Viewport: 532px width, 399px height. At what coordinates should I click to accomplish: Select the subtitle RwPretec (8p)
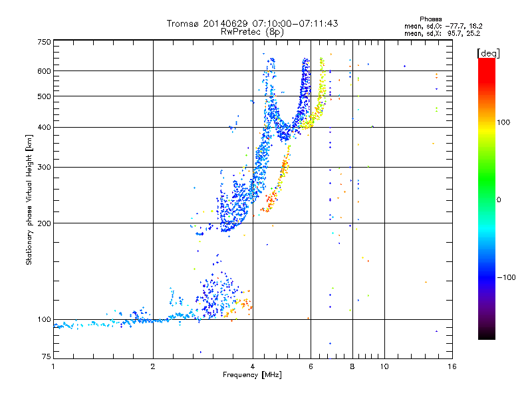point(252,32)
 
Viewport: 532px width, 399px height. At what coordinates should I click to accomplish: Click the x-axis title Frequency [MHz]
point(252,375)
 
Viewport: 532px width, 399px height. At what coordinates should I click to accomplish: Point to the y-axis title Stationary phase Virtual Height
point(29,200)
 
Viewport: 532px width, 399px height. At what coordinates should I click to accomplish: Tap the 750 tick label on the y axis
point(45,42)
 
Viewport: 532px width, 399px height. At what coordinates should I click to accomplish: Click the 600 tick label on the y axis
point(45,71)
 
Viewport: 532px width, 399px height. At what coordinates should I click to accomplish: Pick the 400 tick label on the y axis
point(45,127)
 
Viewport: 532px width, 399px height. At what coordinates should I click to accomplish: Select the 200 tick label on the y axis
point(45,223)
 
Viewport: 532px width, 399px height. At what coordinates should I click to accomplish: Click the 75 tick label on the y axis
point(47,356)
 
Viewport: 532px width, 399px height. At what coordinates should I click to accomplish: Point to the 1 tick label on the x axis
point(53,366)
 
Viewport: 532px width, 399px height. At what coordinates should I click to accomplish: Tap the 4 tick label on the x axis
point(253,366)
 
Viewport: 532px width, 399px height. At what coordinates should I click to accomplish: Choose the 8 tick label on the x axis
point(352,366)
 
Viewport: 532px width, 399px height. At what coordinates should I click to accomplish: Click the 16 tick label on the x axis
point(452,366)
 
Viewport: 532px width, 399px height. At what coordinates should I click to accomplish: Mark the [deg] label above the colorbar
point(488,54)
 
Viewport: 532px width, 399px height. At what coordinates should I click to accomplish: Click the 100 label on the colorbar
point(504,122)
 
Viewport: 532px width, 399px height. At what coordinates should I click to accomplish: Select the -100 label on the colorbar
point(507,277)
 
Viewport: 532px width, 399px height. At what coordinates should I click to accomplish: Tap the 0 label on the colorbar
point(499,200)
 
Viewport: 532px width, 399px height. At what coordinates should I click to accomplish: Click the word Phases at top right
point(430,19)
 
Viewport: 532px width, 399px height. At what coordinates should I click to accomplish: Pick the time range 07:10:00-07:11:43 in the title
point(295,23)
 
